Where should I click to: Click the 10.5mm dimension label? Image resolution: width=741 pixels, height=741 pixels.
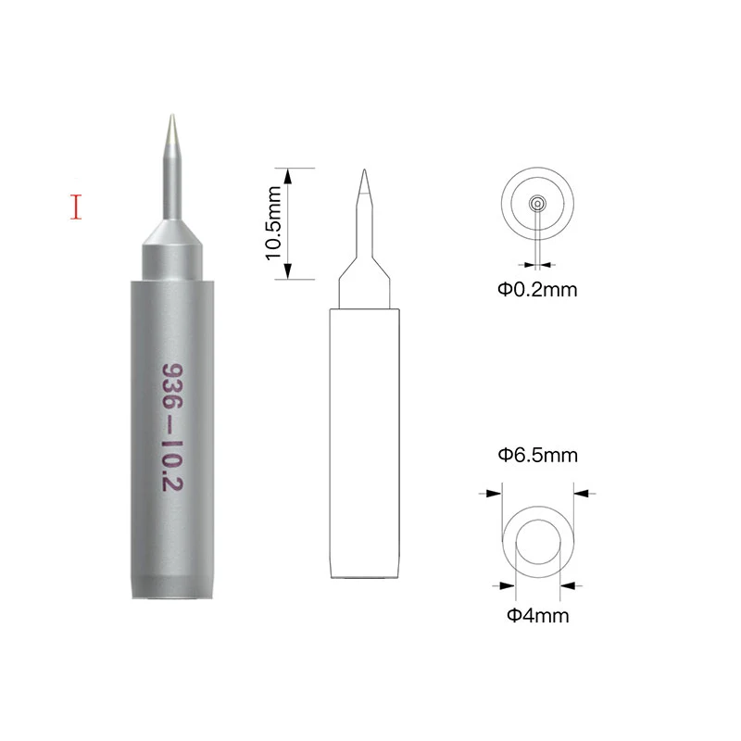pyautogui.click(x=273, y=223)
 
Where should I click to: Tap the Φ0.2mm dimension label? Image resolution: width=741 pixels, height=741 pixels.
pyautogui.click(x=537, y=289)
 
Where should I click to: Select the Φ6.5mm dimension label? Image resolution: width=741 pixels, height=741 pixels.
pyautogui.click(x=538, y=455)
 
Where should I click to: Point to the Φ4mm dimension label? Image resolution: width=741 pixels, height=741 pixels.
pyautogui.click(x=538, y=615)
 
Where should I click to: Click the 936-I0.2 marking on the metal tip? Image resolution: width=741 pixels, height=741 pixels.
pyautogui.click(x=172, y=427)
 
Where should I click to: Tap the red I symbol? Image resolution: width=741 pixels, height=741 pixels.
pyautogui.click(x=76, y=207)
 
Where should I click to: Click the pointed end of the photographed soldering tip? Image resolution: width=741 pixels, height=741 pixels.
pyautogui.click(x=172, y=115)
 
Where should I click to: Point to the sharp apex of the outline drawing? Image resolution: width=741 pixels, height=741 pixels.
pyautogui.click(x=364, y=170)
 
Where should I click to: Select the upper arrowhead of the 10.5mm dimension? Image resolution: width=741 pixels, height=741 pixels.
pyautogui.click(x=288, y=176)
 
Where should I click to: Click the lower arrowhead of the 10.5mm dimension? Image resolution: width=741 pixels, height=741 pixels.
pyautogui.click(x=288, y=271)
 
